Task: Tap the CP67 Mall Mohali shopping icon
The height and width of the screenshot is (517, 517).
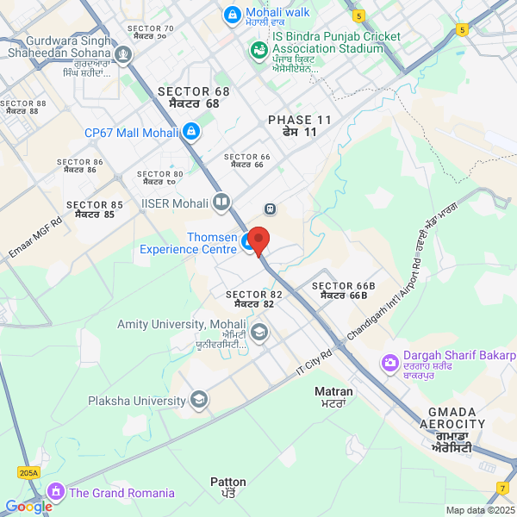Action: point(191,132)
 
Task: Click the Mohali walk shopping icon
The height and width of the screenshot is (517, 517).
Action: point(232,14)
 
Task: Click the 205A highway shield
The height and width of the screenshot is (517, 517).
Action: point(28,472)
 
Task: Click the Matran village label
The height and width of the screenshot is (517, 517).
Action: point(333,396)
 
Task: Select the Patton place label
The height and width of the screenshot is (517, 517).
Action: point(228,487)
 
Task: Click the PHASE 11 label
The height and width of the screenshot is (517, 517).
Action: point(299,126)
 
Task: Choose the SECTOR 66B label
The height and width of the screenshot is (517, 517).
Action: point(344,290)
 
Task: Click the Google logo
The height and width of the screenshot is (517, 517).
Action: point(28,507)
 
